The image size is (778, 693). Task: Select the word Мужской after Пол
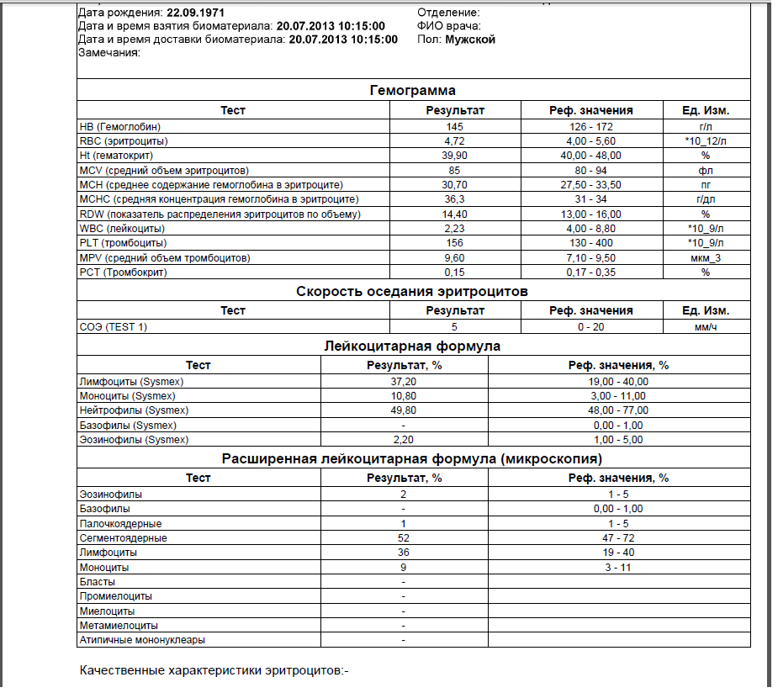coord(470,40)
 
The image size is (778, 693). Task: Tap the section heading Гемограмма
coord(413,91)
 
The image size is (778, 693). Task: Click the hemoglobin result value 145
coord(455,126)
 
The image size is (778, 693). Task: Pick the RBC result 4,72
coord(455,140)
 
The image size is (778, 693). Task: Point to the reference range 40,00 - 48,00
coord(591,156)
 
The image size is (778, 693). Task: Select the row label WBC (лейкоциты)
coord(121,229)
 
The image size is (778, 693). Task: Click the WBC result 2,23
coord(455,229)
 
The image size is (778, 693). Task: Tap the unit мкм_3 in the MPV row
coord(706,257)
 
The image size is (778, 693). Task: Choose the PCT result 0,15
coord(455,272)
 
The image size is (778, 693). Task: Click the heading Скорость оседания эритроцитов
coord(412,292)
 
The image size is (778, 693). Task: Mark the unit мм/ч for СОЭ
coord(706,327)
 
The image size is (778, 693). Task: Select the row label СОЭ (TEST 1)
coord(113,327)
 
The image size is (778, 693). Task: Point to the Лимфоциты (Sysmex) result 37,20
coord(404,382)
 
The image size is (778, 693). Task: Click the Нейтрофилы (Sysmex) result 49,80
coord(404,410)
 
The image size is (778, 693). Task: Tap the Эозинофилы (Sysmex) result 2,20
coord(404,440)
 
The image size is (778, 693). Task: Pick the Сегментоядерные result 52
coord(404,538)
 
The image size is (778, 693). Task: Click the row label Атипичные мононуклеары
coord(142,640)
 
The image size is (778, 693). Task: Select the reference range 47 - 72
coord(618,538)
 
